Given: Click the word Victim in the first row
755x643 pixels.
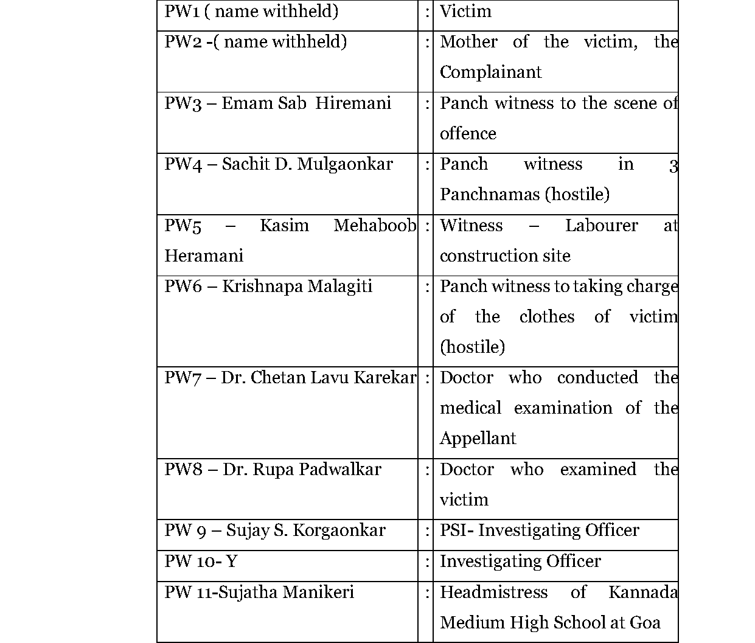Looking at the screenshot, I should (x=465, y=12).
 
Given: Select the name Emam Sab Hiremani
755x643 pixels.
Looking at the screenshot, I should (x=306, y=103).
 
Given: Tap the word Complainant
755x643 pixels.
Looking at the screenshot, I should (x=490, y=72).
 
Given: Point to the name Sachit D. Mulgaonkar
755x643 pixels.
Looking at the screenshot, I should (x=307, y=164).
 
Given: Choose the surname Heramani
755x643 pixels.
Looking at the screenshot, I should (x=204, y=256).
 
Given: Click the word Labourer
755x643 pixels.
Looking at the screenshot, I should (x=601, y=226).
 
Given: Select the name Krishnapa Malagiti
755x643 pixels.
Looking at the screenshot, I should (x=297, y=287).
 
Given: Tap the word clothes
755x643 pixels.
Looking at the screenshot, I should (x=546, y=317).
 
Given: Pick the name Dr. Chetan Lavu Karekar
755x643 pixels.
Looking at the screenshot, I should (x=318, y=378).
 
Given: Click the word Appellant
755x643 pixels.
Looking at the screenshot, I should (x=478, y=439).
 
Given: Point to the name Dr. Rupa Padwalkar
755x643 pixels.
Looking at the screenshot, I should (x=302, y=470).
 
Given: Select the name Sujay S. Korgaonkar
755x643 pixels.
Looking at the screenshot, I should (x=305, y=530).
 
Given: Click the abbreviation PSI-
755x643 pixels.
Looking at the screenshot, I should (x=456, y=530).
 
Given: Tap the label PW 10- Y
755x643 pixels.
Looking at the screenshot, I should (x=200, y=561).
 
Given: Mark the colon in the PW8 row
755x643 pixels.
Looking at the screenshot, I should (x=427, y=470).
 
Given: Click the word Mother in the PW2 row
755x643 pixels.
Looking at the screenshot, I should (x=468, y=42).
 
